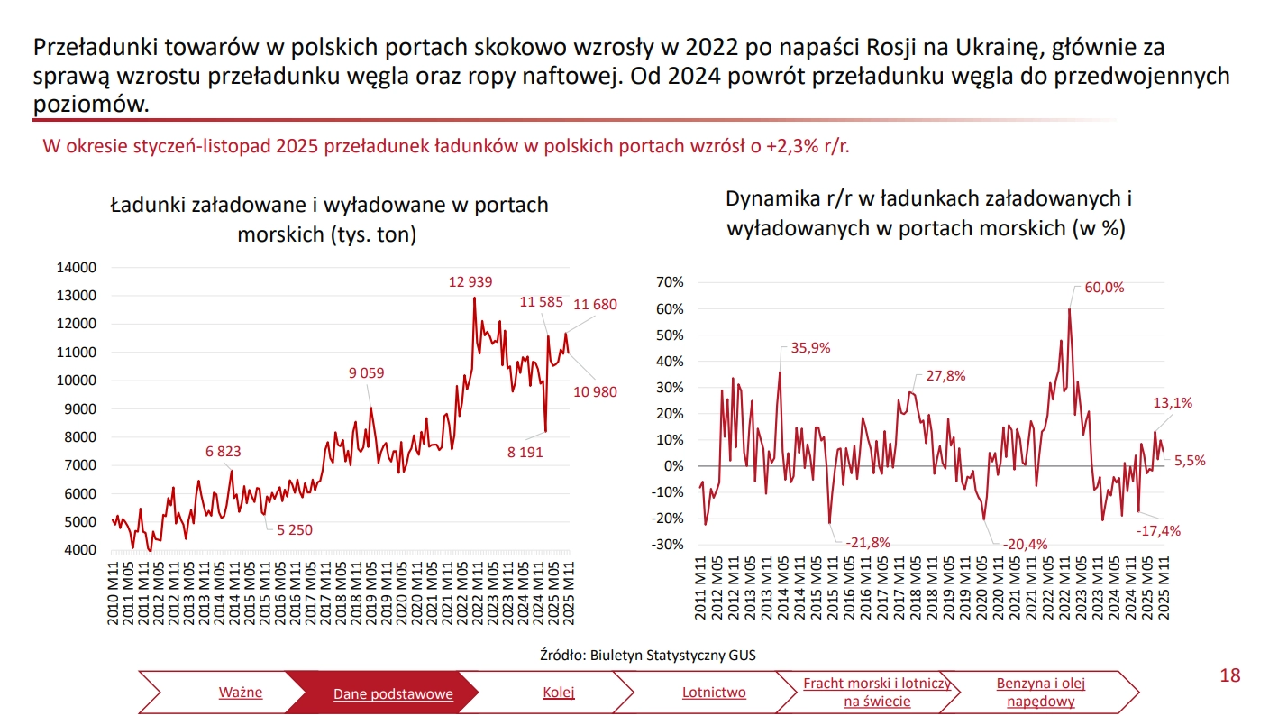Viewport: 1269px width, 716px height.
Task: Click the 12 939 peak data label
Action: [470, 282]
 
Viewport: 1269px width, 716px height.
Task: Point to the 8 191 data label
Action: [525, 452]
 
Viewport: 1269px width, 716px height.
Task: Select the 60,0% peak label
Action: [1104, 288]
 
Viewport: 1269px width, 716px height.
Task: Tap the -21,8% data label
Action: [867, 542]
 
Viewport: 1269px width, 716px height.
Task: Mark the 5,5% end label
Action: [1190, 460]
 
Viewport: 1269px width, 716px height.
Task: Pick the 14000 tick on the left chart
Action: [76, 268]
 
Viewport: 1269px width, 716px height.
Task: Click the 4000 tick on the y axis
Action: [79, 550]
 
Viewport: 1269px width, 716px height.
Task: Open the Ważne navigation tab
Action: [241, 693]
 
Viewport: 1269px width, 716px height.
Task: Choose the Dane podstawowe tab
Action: [393, 693]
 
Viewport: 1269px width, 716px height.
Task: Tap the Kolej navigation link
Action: [559, 693]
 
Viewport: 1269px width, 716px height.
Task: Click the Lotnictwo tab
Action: [714, 693]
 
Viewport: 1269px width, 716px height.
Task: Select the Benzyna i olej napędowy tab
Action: [1040, 693]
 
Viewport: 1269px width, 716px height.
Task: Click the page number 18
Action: [1229, 675]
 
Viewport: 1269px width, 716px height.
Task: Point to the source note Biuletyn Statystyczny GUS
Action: [672, 656]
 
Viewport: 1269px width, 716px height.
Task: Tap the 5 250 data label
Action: [294, 529]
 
